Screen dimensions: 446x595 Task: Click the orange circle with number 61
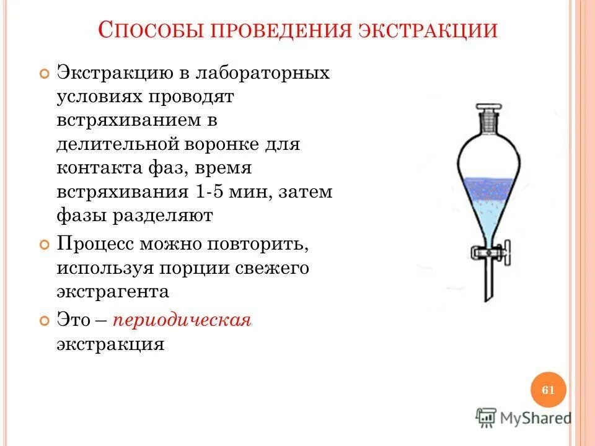point(548,390)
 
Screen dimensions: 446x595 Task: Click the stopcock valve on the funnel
point(490,253)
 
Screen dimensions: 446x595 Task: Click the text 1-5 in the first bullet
point(206,192)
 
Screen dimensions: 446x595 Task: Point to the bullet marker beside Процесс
point(43,244)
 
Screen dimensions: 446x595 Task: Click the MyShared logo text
point(536,418)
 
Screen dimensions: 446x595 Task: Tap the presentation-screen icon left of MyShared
point(486,418)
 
